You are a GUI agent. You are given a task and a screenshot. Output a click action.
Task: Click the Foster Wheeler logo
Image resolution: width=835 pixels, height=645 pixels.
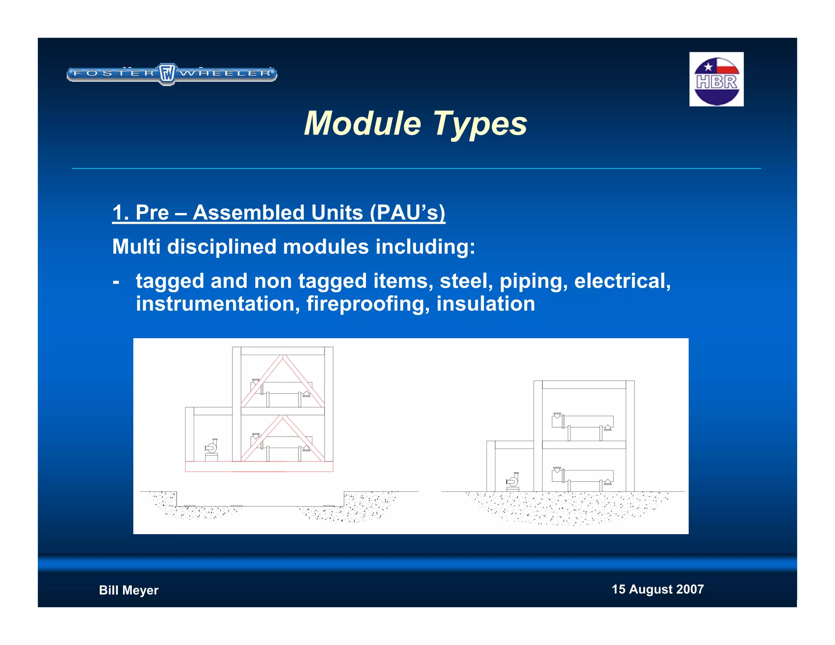172,74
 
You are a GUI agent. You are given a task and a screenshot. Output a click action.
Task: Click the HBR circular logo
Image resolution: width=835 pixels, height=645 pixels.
716,80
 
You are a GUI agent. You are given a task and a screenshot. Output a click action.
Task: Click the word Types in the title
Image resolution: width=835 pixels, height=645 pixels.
479,124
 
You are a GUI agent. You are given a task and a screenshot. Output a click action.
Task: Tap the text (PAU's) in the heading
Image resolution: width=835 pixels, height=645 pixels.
407,213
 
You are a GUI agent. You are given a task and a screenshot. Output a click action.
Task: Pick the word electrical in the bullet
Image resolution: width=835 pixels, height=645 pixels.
622,281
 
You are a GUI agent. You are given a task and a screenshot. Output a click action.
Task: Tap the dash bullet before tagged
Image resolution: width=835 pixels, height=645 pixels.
116,282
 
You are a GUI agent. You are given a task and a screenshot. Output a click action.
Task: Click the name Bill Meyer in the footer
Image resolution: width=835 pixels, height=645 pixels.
128,590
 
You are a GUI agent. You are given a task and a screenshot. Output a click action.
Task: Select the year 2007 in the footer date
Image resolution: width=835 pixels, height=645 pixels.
689,589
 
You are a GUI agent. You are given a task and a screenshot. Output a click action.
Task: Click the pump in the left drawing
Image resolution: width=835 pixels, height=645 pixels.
211,448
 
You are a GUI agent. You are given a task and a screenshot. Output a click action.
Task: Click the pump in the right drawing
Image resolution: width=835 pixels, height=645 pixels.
512,482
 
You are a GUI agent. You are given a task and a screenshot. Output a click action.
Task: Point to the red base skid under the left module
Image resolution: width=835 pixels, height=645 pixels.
259,467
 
